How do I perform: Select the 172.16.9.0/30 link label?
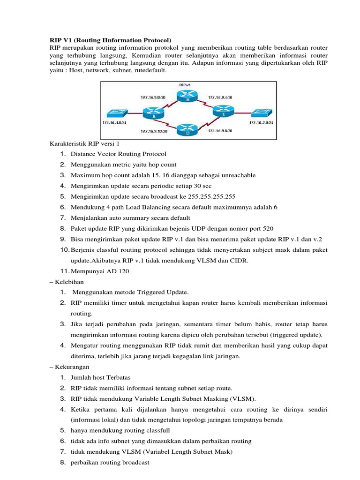point(152,97)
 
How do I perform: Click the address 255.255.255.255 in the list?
point(214,196)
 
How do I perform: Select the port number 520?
point(268,228)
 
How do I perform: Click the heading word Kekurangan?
point(73,367)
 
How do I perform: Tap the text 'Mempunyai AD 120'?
point(99,271)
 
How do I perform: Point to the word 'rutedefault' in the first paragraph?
point(151,70)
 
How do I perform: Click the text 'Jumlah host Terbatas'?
point(100,377)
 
